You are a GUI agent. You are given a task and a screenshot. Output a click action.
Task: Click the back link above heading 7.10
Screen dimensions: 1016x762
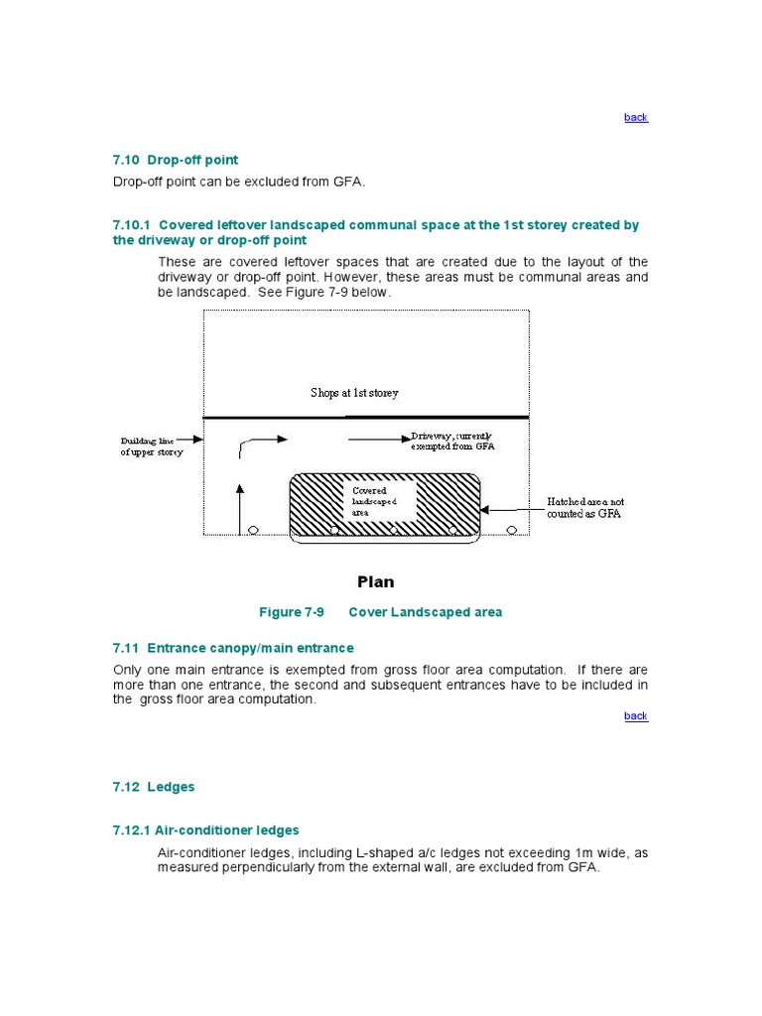[635, 117]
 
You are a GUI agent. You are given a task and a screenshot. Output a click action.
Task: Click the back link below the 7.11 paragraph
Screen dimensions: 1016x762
[635, 715]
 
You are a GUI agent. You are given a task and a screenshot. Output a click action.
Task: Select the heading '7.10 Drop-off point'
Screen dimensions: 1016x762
[176, 160]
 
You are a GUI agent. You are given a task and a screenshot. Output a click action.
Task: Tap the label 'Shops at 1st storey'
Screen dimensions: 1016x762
[354, 393]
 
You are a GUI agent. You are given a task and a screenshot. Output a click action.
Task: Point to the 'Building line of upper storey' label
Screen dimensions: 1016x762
[152, 445]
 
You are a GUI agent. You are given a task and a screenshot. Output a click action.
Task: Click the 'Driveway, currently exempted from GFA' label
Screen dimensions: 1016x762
[452, 441]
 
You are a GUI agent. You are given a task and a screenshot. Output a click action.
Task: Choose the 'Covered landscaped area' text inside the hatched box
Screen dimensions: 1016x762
[374, 501]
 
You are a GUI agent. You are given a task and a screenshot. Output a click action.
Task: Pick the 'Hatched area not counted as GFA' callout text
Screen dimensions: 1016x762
[585, 508]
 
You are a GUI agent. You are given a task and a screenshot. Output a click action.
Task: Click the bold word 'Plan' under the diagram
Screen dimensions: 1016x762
[376, 581]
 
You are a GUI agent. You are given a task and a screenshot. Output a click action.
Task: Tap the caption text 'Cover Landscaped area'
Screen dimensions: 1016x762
[426, 612]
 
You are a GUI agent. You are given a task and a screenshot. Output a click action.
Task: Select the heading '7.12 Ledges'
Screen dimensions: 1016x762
[154, 787]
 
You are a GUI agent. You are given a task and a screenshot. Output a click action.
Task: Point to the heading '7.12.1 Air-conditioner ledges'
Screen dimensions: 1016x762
[205, 830]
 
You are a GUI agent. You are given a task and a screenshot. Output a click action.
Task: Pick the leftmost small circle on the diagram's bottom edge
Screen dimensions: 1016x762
[253, 530]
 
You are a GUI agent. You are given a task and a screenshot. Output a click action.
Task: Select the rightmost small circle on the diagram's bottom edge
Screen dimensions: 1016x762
[512, 530]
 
